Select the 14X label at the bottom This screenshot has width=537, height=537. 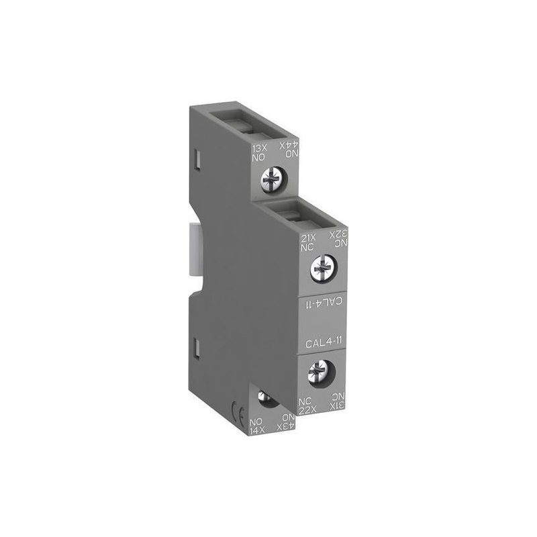256,426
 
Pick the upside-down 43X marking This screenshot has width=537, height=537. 287,426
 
